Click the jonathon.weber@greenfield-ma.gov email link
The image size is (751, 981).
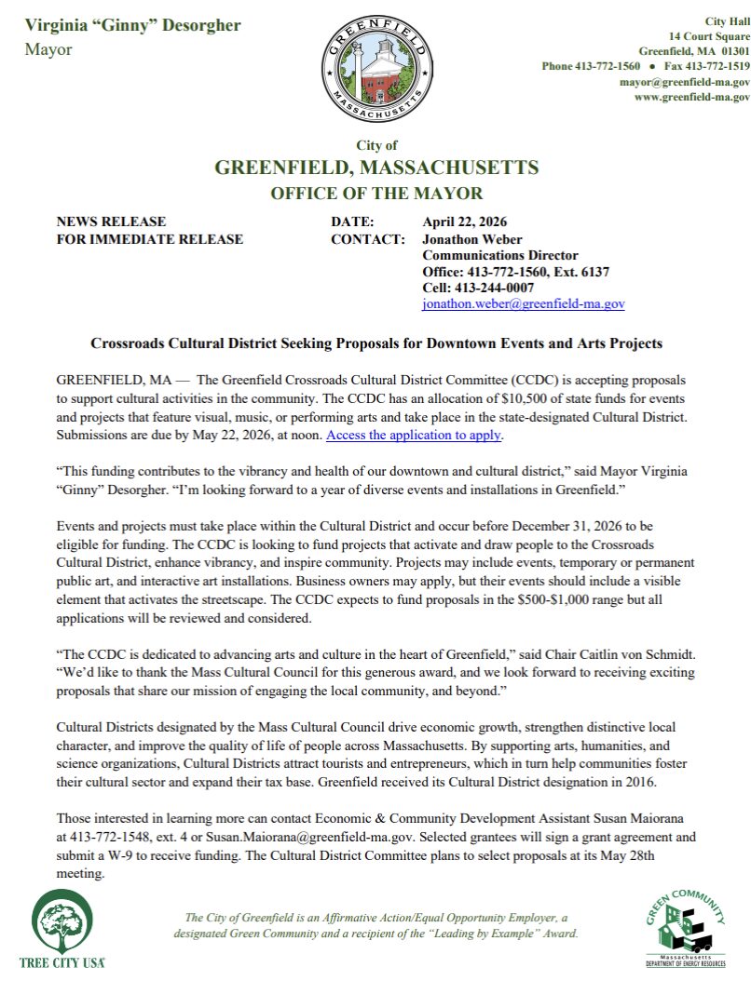(x=524, y=303)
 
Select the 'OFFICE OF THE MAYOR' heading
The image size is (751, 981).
(x=376, y=194)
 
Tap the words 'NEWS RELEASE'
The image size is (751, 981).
(x=111, y=222)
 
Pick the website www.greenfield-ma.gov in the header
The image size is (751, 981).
(x=691, y=97)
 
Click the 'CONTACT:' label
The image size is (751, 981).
(x=368, y=239)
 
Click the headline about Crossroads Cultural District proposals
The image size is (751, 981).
(x=376, y=343)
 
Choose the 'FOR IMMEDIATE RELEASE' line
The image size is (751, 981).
(x=150, y=239)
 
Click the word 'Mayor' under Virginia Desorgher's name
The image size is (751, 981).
(x=48, y=49)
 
